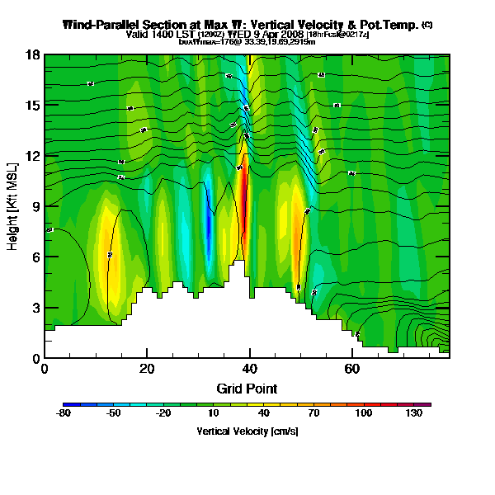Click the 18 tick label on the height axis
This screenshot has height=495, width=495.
tap(34, 55)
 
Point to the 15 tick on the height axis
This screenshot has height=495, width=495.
tap(34, 106)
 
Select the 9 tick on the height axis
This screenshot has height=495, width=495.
tap(35, 207)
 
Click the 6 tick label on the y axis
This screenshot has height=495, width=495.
tap(35, 257)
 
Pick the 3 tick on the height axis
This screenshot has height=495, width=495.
tap(35, 308)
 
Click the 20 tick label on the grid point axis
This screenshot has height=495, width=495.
tap(147, 369)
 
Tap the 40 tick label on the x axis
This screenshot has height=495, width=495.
tap(249, 369)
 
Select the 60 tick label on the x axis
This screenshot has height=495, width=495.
tap(351, 369)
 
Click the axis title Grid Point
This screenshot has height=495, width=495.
tap(247, 388)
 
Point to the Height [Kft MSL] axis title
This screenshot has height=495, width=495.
tap(14, 205)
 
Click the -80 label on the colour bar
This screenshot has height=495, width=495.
tap(64, 413)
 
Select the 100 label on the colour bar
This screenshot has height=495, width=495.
tap(362, 413)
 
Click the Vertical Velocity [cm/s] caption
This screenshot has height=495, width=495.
tap(247, 431)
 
